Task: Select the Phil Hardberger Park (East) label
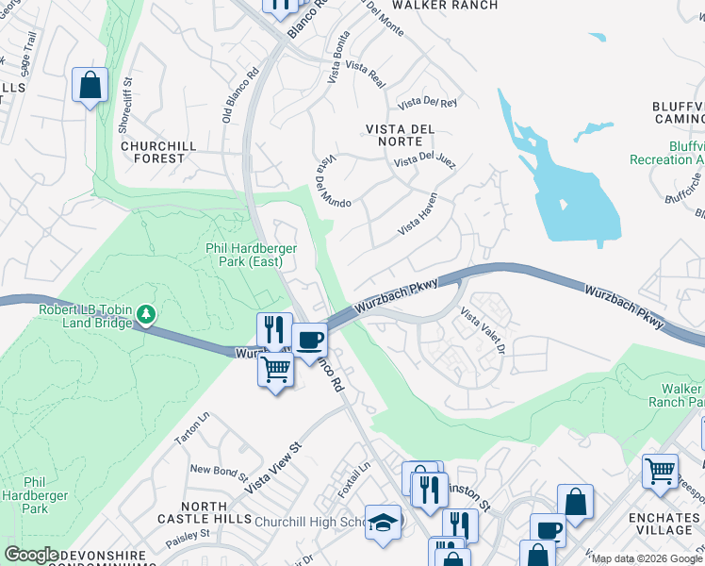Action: (252, 255)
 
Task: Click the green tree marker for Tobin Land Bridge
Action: (146, 312)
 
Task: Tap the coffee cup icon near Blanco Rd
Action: (309, 341)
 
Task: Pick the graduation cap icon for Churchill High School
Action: (383, 523)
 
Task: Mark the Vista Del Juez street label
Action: (425, 160)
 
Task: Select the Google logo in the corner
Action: (32, 555)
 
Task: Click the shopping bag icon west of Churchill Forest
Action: (90, 86)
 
